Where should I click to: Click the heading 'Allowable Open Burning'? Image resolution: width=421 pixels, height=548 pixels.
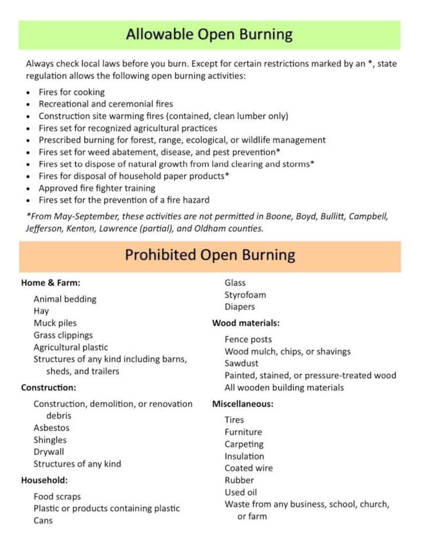pyautogui.click(x=209, y=35)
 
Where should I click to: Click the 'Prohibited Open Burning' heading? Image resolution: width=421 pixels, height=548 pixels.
pyautogui.click(x=209, y=255)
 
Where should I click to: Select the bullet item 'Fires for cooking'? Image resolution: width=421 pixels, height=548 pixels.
pyautogui.click(x=71, y=92)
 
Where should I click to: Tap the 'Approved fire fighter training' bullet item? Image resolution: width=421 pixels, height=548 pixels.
pyautogui.click(x=97, y=188)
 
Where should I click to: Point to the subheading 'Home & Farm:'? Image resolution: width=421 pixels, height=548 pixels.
pyautogui.click(x=51, y=283)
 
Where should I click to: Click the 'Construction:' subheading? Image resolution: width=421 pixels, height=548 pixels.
pyautogui.click(x=48, y=388)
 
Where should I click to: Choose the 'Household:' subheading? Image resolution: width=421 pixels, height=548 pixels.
pyautogui.click(x=44, y=480)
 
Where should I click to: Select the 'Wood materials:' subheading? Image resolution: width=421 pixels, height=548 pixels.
pyautogui.click(x=246, y=323)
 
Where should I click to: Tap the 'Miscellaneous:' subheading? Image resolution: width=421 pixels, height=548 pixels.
pyautogui.click(x=243, y=404)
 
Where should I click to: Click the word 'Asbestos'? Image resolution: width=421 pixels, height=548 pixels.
pyautogui.click(x=52, y=428)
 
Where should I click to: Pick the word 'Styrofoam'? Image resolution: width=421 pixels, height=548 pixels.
pyautogui.click(x=245, y=295)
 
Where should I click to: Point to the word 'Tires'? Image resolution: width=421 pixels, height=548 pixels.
pyautogui.click(x=234, y=420)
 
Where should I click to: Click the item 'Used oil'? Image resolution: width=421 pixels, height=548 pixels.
pyautogui.click(x=241, y=492)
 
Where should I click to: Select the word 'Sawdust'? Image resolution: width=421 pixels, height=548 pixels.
pyautogui.click(x=242, y=363)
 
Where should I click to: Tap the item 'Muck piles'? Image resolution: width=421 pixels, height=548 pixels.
pyautogui.click(x=55, y=323)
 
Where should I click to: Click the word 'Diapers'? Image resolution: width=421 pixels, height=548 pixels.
pyautogui.click(x=239, y=307)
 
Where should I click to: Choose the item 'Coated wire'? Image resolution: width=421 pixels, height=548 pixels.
pyautogui.click(x=248, y=468)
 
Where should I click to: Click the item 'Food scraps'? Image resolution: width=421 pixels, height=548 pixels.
pyautogui.click(x=57, y=497)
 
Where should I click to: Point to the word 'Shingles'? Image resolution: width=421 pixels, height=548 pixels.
pyautogui.click(x=50, y=440)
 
